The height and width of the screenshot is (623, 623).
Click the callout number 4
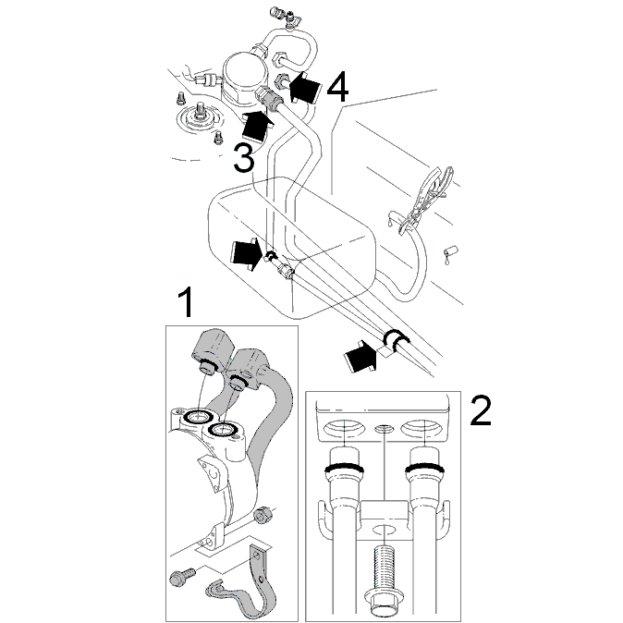coord(337,87)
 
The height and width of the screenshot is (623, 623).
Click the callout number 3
coord(243,158)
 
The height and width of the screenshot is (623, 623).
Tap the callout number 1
coord(185,302)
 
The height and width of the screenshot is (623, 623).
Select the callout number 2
coord(481,410)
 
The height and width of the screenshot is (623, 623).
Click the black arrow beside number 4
coord(304,87)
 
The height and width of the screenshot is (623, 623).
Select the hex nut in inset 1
coord(262,515)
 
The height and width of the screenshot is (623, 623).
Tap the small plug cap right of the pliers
coord(450,251)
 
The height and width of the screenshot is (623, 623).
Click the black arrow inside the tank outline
coord(247,255)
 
